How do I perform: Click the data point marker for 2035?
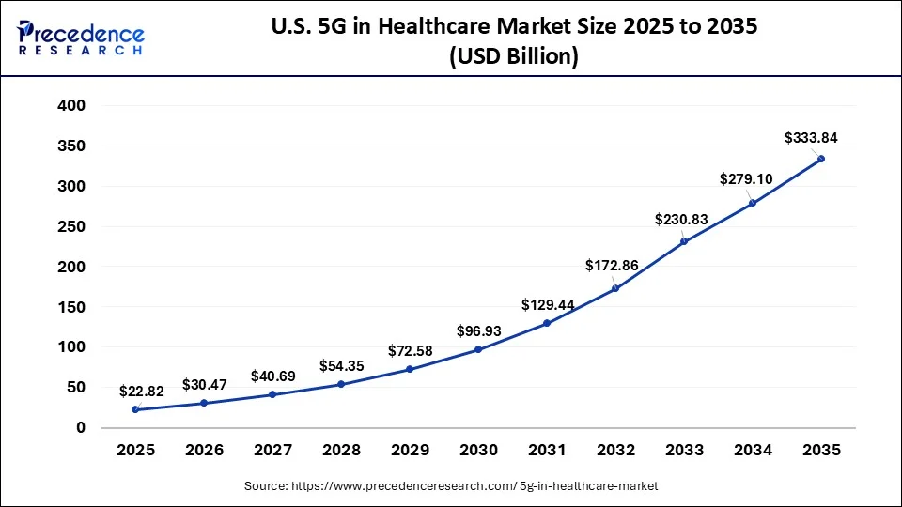click(x=821, y=159)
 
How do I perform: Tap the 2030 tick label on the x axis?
click(x=478, y=451)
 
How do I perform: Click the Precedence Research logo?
click(x=81, y=38)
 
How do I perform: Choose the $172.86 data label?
click(x=612, y=266)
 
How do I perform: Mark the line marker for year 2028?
click(x=341, y=384)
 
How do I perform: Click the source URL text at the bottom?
click(x=451, y=485)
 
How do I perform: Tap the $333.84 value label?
click(x=811, y=138)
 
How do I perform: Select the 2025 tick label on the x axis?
click(x=135, y=451)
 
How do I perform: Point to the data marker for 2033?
click(x=684, y=241)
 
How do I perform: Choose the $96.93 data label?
click(x=479, y=331)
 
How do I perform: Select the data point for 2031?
click(x=547, y=323)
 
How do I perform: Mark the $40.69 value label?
click(x=274, y=376)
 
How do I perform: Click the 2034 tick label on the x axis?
click(x=753, y=451)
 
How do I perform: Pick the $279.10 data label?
click(x=746, y=178)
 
